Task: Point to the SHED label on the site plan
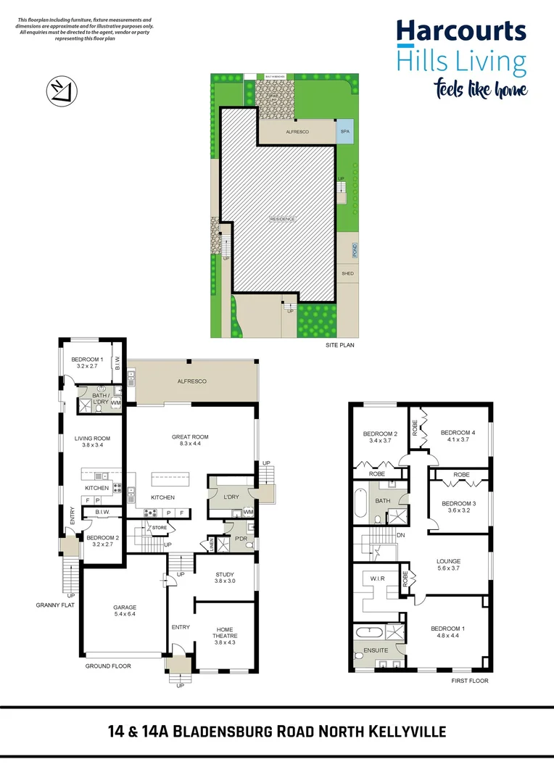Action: [x=348, y=273]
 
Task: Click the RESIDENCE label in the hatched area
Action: [x=283, y=219]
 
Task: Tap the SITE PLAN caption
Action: [x=339, y=346]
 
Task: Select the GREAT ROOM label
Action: [x=190, y=437]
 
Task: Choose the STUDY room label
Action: [x=226, y=574]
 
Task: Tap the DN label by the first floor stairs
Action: [x=400, y=535]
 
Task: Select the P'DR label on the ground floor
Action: [x=240, y=539]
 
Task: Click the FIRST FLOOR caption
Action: [x=470, y=681]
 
